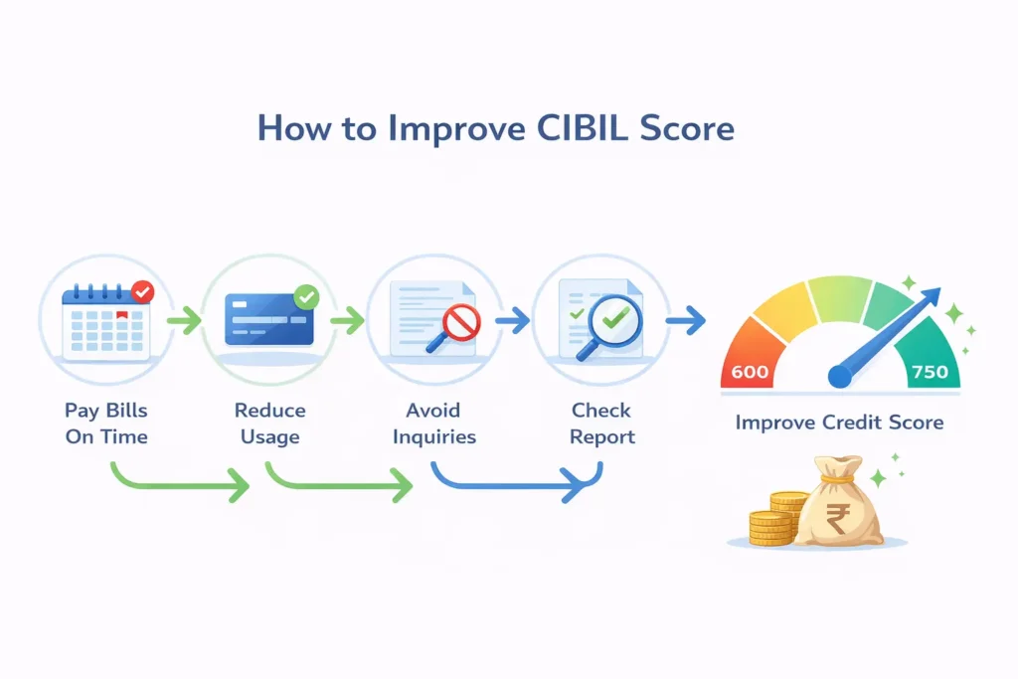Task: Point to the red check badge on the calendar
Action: click(x=143, y=292)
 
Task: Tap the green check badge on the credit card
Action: click(x=307, y=295)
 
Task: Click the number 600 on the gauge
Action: click(x=750, y=372)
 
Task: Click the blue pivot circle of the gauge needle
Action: click(x=840, y=375)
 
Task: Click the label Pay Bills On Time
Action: click(x=106, y=423)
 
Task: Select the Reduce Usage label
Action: click(x=269, y=423)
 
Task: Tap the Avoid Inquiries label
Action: click(x=433, y=423)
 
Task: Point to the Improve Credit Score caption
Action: click(x=839, y=423)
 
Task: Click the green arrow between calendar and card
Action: click(x=184, y=321)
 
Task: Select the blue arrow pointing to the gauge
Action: click(x=684, y=320)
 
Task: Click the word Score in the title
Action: click(x=683, y=129)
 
